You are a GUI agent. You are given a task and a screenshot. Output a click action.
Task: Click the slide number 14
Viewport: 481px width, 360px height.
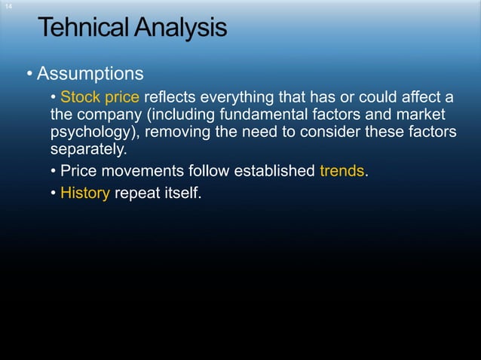coord(8,6)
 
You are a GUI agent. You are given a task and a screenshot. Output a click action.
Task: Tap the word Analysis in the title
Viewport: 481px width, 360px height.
coord(179,29)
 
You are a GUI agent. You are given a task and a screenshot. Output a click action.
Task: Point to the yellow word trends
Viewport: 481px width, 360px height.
coord(342,171)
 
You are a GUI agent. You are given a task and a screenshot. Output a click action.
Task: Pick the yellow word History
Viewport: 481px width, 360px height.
coord(85,193)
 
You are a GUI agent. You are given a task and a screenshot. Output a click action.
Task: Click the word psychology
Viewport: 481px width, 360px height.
coord(93,133)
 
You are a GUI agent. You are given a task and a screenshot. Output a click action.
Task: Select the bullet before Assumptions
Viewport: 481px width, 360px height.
coord(29,75)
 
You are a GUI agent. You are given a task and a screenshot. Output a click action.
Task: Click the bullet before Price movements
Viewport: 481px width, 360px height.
coord(53,171)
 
